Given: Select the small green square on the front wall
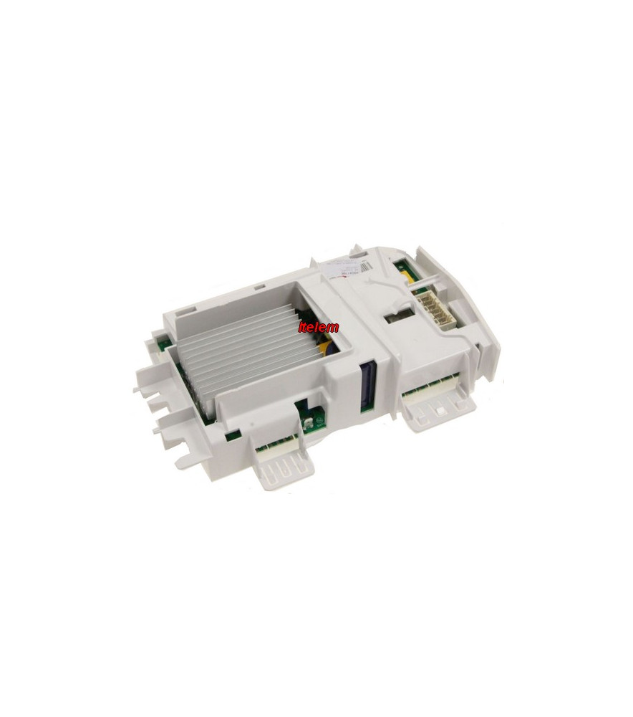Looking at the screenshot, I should click(231, 435).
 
